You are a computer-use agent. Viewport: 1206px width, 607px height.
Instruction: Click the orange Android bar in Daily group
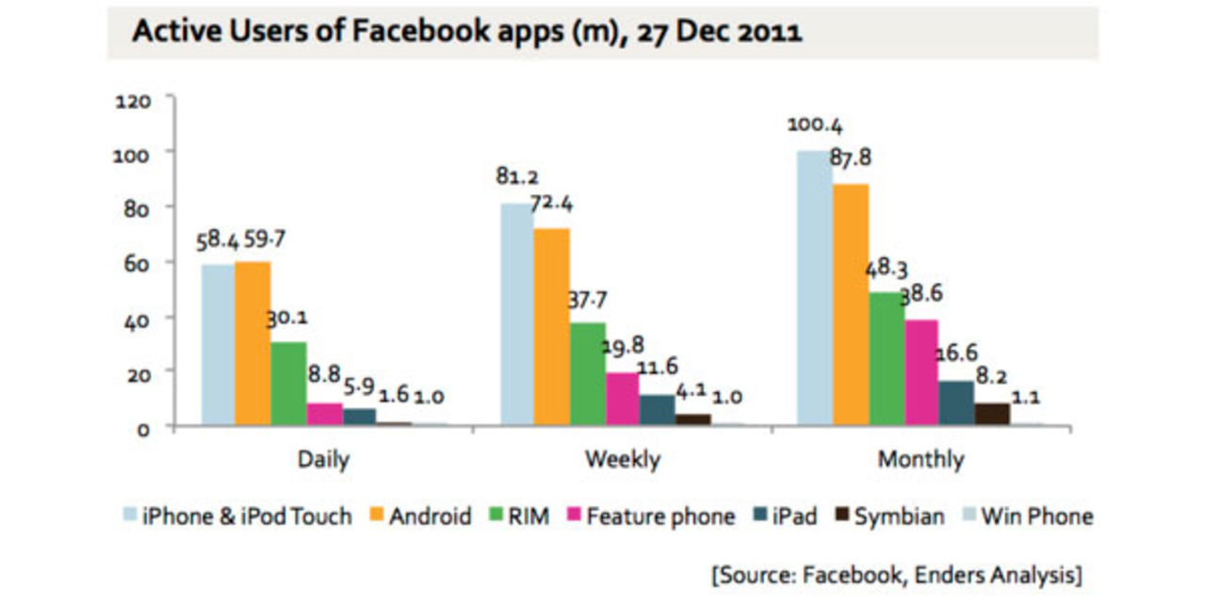(253, 344)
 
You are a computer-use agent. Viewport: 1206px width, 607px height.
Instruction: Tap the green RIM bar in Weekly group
(587, 373)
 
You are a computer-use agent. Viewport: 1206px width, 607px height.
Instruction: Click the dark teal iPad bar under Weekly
(657, 410)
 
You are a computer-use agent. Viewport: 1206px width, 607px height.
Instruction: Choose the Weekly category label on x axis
(622, 460)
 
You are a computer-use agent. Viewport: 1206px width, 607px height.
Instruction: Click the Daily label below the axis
(323, 460)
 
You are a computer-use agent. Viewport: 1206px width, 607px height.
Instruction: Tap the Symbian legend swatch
(841, 517)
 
